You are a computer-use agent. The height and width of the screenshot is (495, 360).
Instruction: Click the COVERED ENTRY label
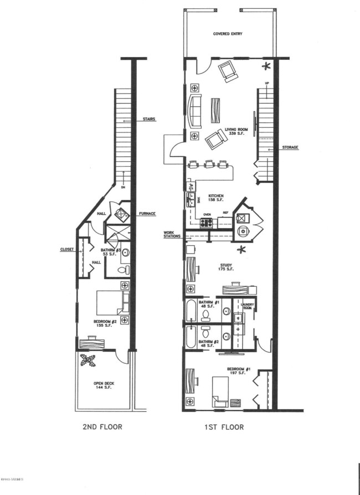[x=228, y=34]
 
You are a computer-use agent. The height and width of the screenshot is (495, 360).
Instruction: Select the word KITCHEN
[x=216, y=196]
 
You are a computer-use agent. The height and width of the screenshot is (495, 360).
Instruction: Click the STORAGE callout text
[x=290, y=147]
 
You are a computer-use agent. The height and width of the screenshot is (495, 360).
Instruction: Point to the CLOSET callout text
[x=67, y=249]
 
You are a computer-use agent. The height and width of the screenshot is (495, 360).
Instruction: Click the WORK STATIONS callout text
[x=171, y=234]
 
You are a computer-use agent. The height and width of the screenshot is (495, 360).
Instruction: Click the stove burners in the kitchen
[x=206, y=223]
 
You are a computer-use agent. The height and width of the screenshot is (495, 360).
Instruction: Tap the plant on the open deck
[x=86, y=360]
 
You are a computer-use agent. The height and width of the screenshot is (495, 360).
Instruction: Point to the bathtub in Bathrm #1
[x=191, y=311]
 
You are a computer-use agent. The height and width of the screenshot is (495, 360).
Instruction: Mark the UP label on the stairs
[x=267, y=84]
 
